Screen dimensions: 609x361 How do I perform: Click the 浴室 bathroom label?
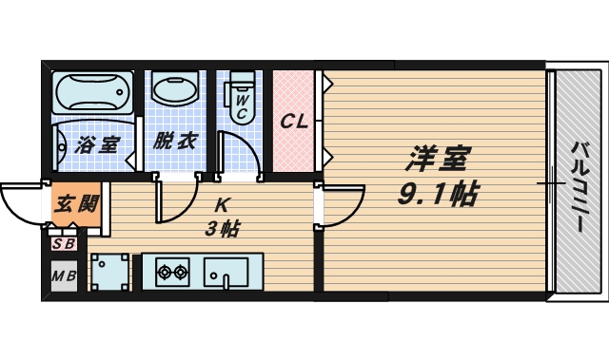[x=97, y=145]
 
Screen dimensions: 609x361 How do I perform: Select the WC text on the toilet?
[x=242, y=105]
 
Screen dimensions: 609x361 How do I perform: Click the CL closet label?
[x=292, y=121]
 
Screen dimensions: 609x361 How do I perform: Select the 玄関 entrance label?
[x=75, y=204]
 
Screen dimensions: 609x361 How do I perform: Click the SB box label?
[x=64, y=244]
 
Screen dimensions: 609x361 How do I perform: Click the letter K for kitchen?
[x=221, y=204]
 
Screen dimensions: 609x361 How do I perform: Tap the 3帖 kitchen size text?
[x=221, y=228]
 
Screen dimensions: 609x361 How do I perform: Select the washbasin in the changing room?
[x=174, y=92]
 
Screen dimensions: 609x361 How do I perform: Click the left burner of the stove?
[x=163, y=273]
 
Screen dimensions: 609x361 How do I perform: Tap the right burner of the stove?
[x=180, y=273]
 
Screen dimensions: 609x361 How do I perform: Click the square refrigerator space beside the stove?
[x=109, y=272]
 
